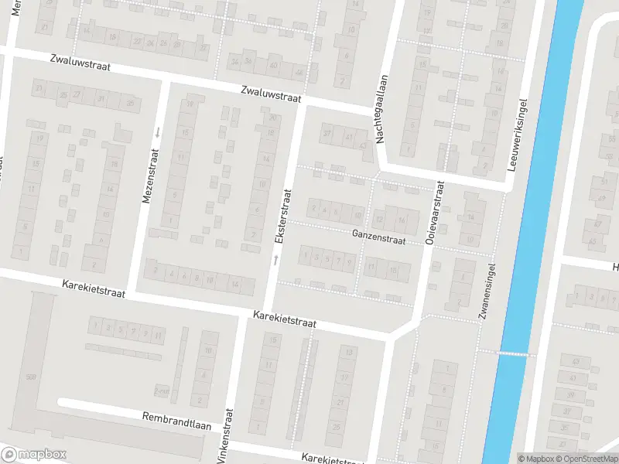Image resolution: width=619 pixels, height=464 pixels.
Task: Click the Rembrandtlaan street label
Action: [177, 418]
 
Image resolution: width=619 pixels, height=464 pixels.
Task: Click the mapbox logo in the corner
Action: [34, 455]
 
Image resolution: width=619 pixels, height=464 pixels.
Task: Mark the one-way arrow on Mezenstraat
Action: [157, 131]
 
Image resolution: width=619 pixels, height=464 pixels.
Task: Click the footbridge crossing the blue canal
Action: [513, 353]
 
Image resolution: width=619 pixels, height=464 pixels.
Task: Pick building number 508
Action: [31, 377]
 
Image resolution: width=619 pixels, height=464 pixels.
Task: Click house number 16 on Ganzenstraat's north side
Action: [402, 220]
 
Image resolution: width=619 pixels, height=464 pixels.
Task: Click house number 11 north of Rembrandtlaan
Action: [159, 334]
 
